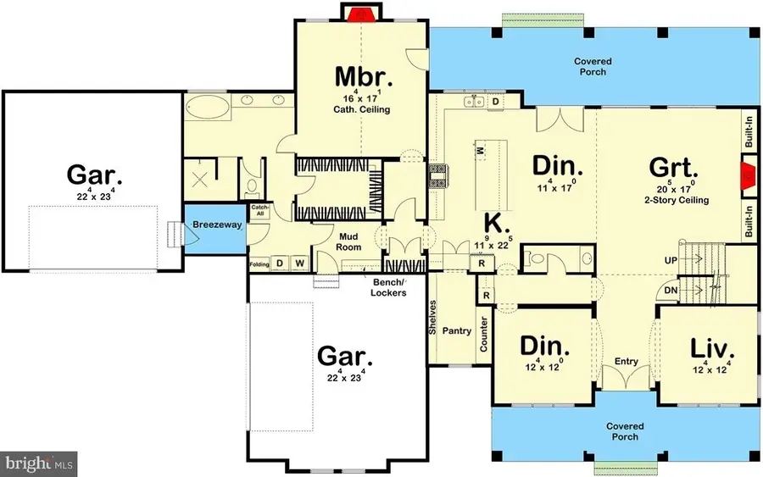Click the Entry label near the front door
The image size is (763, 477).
626,362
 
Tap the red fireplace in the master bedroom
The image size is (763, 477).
362,14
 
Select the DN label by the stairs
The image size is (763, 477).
671,290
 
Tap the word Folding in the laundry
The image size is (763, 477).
259,264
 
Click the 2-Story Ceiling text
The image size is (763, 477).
677,201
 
